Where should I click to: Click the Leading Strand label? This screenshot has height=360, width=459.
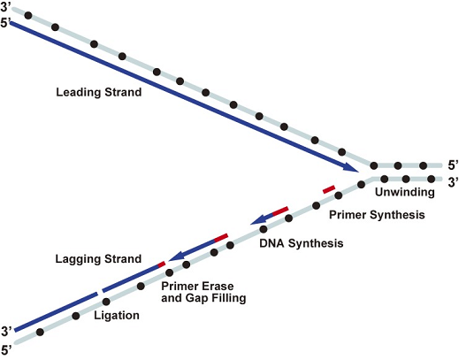[x=99, y=92]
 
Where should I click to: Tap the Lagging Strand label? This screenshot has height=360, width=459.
[x=98, y=259]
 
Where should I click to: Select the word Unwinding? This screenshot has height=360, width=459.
[x=405, y=192]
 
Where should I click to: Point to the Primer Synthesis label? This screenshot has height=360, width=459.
[x=377, y=215]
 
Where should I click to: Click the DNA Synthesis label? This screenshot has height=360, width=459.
[x=302, y=243]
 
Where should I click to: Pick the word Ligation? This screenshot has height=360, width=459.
[x=117, y=316]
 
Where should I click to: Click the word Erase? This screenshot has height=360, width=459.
[x=217, y=287]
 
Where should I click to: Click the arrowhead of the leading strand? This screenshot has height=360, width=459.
[x=351, y=167]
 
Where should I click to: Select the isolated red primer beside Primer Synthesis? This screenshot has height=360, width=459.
[x=329, y=189]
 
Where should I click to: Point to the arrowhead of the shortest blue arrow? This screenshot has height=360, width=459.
[x=257, y=219]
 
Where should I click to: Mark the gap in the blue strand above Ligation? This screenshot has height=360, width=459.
[x=100, y=292]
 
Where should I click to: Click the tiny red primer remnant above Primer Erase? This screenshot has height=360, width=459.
[x=162, y=264]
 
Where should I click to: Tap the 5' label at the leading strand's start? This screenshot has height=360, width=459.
[x=5, y=23]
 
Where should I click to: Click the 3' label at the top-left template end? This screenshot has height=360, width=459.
[x=5, y=7]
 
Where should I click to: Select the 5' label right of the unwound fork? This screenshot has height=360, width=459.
[x=453, y=165]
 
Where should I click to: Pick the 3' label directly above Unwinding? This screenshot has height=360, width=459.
[x=453, y=182]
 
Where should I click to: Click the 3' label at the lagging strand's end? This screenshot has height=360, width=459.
[x=6, y=331]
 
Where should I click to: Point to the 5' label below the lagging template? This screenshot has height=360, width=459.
[x=6, y=350]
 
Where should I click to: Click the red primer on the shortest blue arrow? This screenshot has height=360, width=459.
[x=280, y=211]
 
